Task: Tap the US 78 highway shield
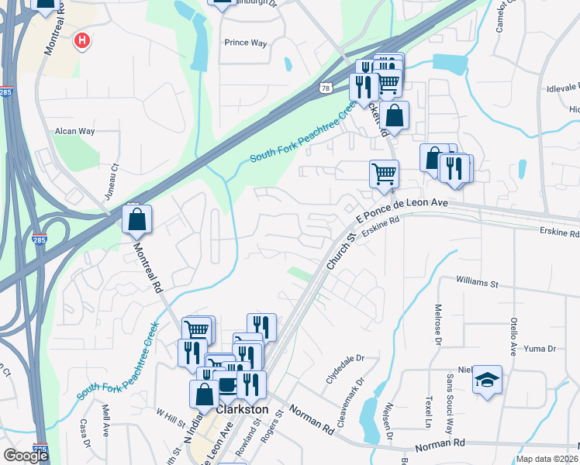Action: tap(326, 88)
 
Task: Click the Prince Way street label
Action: tap(245, 43)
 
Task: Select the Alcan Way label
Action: tap(74, 131)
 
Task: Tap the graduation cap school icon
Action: tap(487, 380)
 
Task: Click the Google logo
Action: tap(26, 456)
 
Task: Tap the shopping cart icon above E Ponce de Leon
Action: tap(384, 174)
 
